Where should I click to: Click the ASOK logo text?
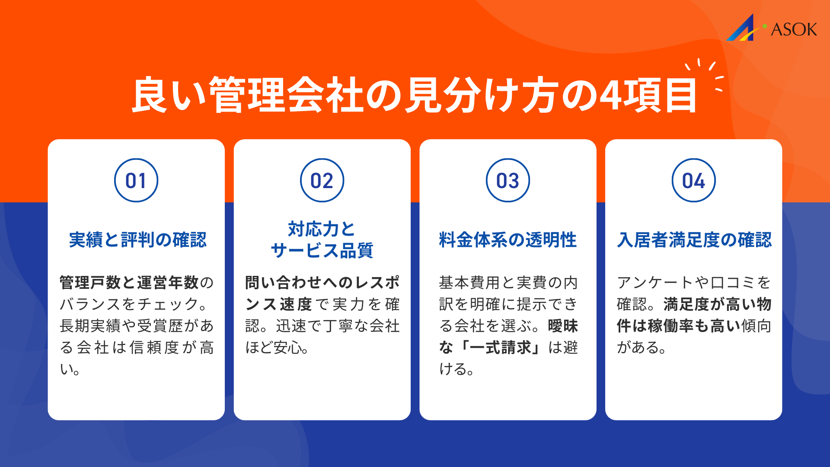(794, 29)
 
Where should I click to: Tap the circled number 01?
(136, 180)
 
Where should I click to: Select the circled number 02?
(322, 180)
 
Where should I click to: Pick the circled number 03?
(508, 180)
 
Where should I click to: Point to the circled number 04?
(694, 180)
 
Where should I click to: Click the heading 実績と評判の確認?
(138, 240)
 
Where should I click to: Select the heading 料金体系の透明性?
(508, 240)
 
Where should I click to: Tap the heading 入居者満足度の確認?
(694, 240)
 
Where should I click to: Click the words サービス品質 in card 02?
(322, 250)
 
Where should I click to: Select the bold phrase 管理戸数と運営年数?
(129, 283)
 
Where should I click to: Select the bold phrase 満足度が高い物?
(718, 304)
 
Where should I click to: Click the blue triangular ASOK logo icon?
(742, 29)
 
